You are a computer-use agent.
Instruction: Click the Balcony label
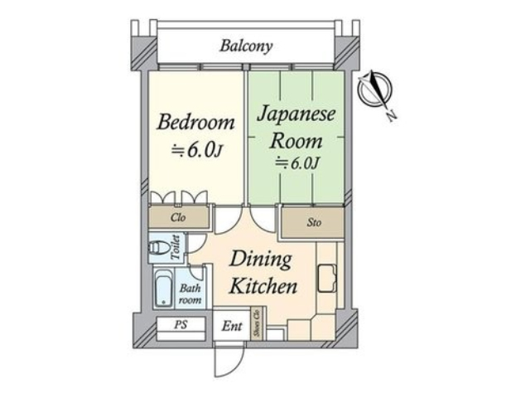[x=246, y=46]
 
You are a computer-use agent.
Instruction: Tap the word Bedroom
[x=195, y=122]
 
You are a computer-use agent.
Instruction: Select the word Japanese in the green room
[x=296, y=114]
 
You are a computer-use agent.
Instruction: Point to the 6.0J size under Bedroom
[x=197, y=150]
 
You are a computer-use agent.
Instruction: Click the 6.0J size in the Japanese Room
[x=296, y=163]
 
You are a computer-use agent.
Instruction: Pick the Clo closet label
[x=178, y=217]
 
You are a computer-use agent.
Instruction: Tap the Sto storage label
[x=314, y=223]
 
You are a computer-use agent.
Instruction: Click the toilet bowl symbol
[x=159, y=247]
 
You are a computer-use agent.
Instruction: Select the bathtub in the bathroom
[x=164, y=289]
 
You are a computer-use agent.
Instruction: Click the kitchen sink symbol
[x=327, y=279]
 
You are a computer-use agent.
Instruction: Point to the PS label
[x=181, y=325]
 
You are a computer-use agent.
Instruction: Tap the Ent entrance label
[x=232, y=326]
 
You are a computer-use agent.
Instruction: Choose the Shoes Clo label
[x=258, y=323]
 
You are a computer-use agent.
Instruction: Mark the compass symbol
[x=374, y=89]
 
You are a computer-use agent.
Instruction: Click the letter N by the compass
[x=391, y=116]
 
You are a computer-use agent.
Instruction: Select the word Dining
[x=260, y=260]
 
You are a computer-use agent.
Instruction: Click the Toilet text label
[x=176, y=247]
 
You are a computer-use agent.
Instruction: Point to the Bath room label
[x=190, y=294]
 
